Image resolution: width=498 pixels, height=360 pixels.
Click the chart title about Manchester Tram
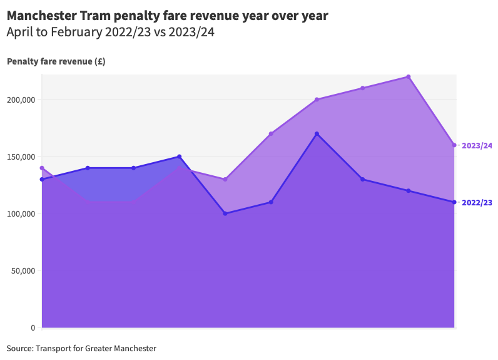[x=167, y=15]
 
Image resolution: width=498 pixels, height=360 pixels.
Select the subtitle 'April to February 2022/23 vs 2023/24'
[x=110, y=33]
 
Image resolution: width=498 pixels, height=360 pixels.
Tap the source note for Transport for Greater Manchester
[x=81, y=348]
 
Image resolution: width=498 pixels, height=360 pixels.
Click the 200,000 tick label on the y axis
[x=21, y=100]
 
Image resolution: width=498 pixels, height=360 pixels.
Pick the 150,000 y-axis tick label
[x=21, y=157]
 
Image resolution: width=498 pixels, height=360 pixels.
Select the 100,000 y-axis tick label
[x=21, y=213]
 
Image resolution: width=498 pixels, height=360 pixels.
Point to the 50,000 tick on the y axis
[x=23, y=270]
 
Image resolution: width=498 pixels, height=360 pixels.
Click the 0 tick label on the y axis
[x=33, y=327]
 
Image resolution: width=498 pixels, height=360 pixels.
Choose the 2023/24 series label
[x=477, y=145]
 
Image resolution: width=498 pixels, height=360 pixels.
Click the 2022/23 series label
[x=477, y=202]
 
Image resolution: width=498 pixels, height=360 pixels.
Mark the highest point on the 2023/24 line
[x=409, y=77]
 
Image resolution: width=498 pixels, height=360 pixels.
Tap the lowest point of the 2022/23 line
[x=225, y=213]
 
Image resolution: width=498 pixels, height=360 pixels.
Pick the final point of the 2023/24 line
[x=454, y=145]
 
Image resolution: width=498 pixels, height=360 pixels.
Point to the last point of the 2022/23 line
[x=454, y=202]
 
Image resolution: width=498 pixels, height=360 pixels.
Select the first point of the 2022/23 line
[x=42, y=180]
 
